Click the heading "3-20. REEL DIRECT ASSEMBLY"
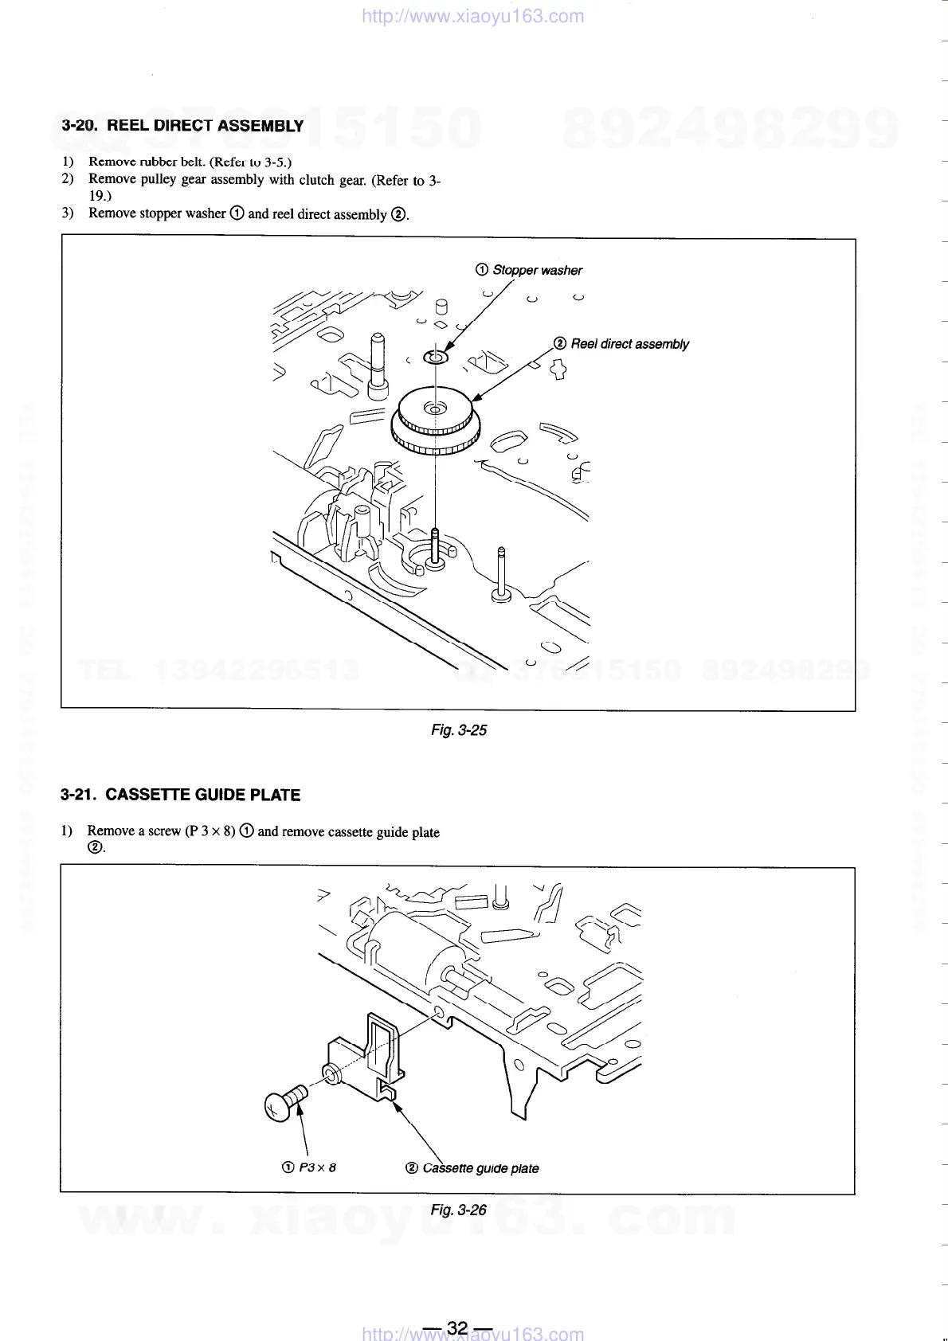coord(182,126)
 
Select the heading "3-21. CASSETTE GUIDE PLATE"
coord(181,795)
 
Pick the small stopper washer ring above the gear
coord(436,356)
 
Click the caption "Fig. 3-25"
coord(458,730)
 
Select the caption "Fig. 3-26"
coord(458,1210)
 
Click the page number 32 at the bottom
coord(457,1328)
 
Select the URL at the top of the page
coord(472,17)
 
